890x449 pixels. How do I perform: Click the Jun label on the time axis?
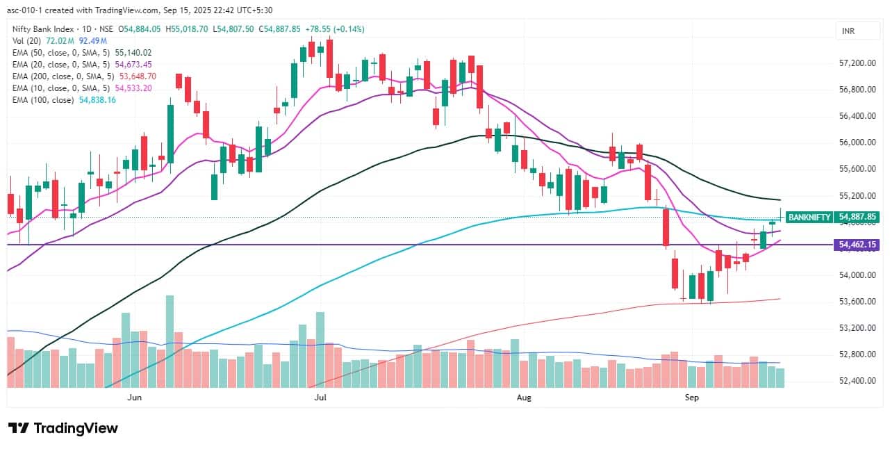coord(135,398)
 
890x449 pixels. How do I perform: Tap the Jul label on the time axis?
coord(320,398)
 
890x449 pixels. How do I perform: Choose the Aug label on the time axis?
coord(525,398)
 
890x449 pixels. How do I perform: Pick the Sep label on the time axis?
coord(691,398)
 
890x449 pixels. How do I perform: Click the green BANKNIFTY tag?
coord(809,217)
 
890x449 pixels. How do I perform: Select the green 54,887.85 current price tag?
coord(858,217)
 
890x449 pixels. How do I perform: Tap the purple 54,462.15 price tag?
coord(858,245)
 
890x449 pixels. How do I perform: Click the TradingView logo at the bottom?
coord(63,428)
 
